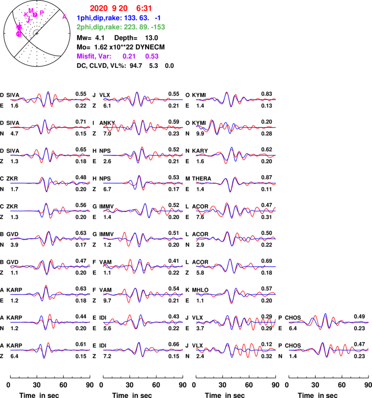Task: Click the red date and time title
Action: (120, 8)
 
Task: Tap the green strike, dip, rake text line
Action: (120, 27)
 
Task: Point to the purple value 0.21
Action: (128, 56)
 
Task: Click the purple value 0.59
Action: (152, 56)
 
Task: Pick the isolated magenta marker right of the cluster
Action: (64, 17)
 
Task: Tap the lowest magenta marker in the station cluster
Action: (19, 34)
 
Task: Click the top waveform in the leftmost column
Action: (50, 99)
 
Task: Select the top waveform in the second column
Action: (143, 99)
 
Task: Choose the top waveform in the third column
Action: (236, 99)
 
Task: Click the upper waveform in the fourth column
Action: (329, 322)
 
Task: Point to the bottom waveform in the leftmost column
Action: (50, 350)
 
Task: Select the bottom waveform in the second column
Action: (143, 350)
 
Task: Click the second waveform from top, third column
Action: (236, 127)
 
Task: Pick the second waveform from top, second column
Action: (143, 127)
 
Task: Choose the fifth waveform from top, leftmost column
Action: (50, 211)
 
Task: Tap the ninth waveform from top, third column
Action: (236, 322)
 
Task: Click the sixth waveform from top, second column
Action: (143, 239)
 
